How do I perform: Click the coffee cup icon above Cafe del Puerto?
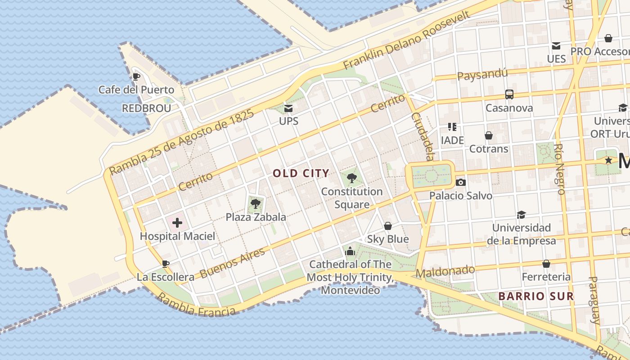pyautogui.click(x=136, y=76)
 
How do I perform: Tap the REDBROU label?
pyautogui.click(x=146, y=108)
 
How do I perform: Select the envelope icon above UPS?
pyautogui.click(x=288, y=108)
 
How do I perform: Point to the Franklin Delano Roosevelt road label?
pyautogui.click(x=407, y=40)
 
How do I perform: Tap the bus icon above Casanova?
pyautogui.click(x=509, y=94)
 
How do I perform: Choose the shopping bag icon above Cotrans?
pyautogui.click(x=489, y=135)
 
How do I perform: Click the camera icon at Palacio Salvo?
pyautogui.click(x=460, y=182)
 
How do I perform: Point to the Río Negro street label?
pyautogui.click(x=560, y=169)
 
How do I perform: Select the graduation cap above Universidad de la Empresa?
pyautogui.click(x=521, y=215)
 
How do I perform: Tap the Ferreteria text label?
pyautogui.click(x=546, y=277)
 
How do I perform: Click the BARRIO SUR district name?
pyautogui.click(x=536, y=296)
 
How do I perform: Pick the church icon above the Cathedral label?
pyautogui.click(x=350, y=251)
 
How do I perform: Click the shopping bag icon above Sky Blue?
pyautogui.click(x=387, y=226)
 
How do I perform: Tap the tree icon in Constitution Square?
pyautogui.click(x=352, y=178)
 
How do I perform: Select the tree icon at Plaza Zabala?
pyautogui.click(x=256, y=204)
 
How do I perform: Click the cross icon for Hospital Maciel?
pyautogui.click(x=177, y=223)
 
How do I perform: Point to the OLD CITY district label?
pyautogui.click(x=301, y=173)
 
